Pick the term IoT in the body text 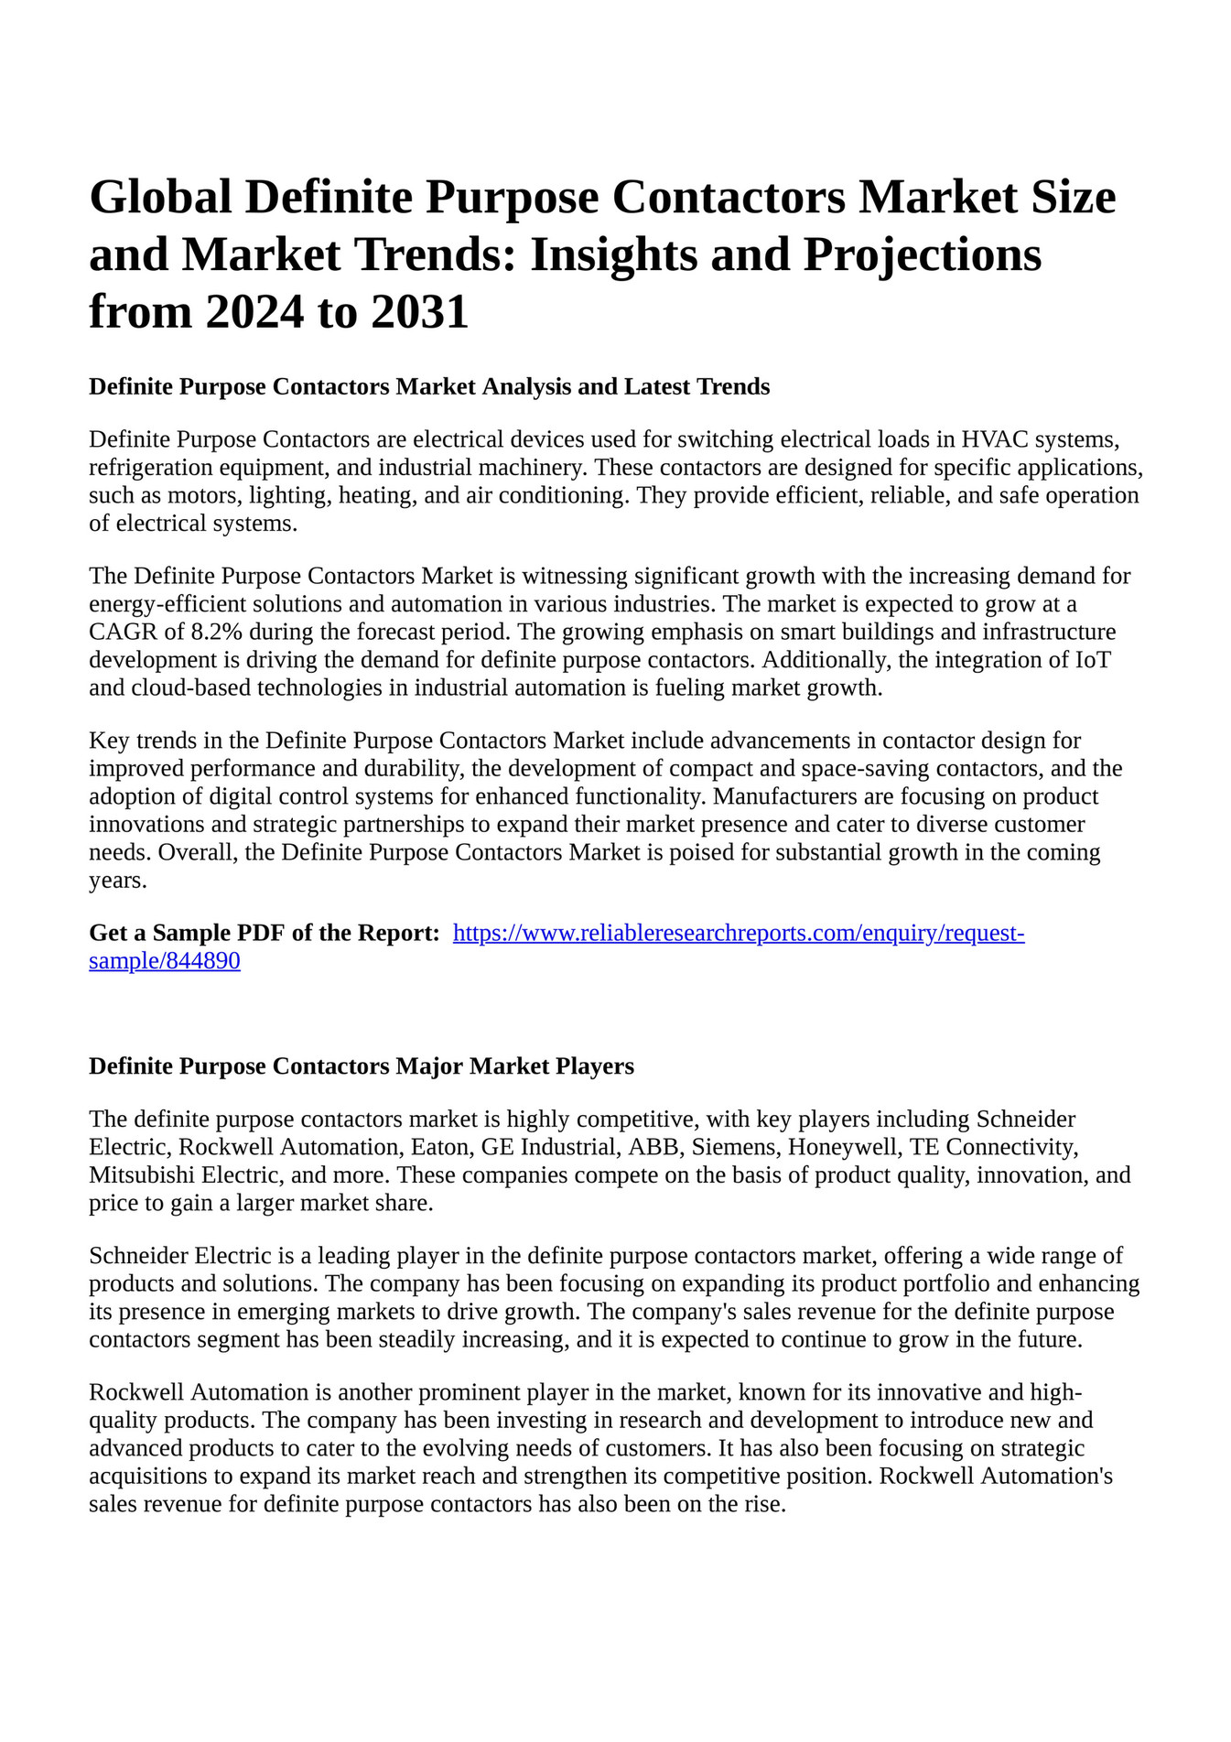(1091, 659)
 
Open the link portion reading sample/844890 (165, 961)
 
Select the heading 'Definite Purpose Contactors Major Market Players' (362, 1066)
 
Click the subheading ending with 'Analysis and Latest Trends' (429, 387)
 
